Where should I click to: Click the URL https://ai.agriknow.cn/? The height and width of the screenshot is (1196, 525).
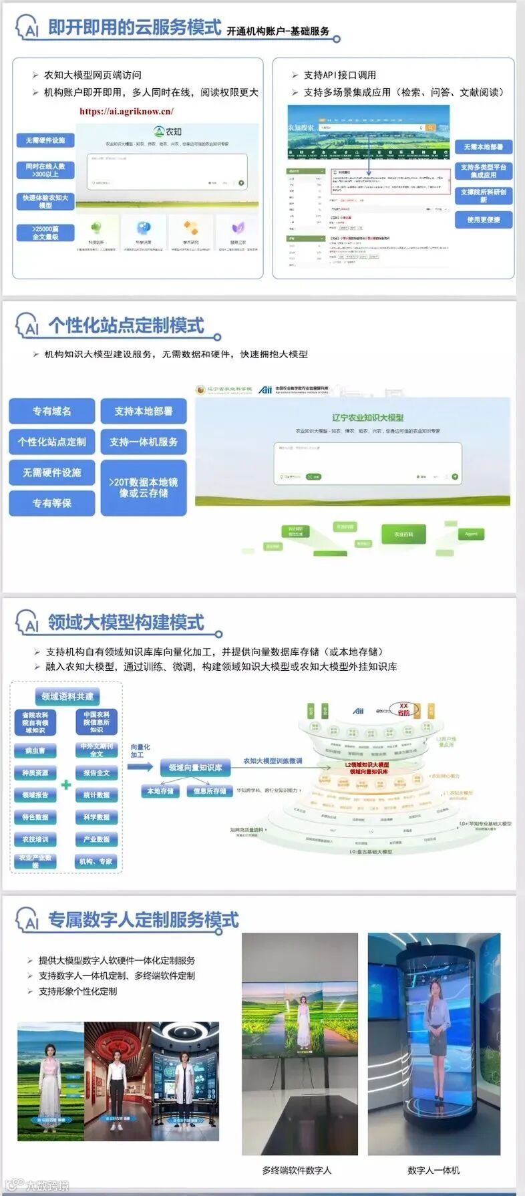[x=126, y=112]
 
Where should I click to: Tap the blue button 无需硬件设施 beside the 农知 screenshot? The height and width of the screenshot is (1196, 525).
[x=45, y=140]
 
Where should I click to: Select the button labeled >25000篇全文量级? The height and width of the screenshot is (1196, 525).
[x=45, y=233]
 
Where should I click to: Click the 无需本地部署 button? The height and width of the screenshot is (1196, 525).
[x=484, y=147]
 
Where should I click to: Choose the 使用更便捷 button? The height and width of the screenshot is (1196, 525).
[x=484, y=220]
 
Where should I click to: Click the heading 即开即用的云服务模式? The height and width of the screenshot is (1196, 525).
[x=134, y=27]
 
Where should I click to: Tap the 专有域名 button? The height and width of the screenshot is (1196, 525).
[x=52, y=411]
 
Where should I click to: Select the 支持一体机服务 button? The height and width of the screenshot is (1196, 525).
[x=144, y=442]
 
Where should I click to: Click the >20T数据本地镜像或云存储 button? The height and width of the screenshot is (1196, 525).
[x=144, y=487]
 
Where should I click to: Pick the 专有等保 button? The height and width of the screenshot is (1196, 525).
[x=52, y=503]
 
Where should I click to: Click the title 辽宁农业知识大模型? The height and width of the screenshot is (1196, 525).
[x=368, y=418]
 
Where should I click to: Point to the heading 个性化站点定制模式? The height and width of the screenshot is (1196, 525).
[x=126, y=325]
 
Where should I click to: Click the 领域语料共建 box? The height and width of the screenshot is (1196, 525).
[x=67, y=696]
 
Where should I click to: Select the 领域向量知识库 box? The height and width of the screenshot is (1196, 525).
[x=195, y=768]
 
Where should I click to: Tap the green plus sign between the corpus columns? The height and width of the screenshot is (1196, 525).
[x=66, y=784]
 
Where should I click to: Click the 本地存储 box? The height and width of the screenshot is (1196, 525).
[x=160, y=791]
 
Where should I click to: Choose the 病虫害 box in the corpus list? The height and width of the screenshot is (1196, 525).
[x=35, y=750]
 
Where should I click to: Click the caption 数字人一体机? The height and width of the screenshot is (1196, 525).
[x=433, y=1170]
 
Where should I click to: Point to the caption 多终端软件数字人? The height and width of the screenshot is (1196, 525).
[x=297, y=1170]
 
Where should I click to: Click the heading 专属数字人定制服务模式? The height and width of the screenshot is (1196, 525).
[x=143, y=920]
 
